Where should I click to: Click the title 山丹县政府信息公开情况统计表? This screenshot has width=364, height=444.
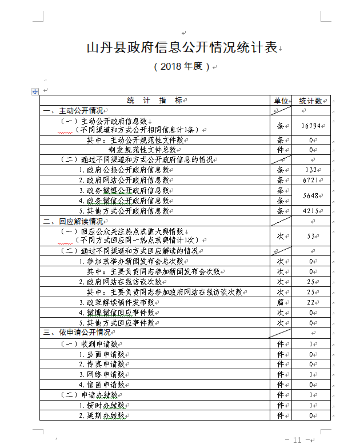[x=181, y=47]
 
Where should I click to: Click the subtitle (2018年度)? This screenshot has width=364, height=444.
[x=182, y=66]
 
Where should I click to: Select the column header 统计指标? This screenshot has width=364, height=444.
[x=155, y=101]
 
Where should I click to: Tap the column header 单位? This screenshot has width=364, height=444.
[x=281, y=101]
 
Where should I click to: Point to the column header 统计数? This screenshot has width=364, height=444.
[x=310, y=101]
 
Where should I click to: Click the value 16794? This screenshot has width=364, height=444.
[x=310, y=125]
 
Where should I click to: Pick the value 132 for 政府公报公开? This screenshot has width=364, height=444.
[x=310, y=170]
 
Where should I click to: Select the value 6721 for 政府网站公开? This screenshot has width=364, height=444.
[x=310, y=180]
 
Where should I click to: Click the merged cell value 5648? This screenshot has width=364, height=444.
[x=310, y=195]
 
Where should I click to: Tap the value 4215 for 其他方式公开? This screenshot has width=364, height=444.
[x=310, y=211]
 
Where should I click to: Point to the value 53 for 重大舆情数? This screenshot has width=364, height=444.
[x=310, y=236]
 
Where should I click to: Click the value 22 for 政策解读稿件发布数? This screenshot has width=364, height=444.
[x=310, y=302]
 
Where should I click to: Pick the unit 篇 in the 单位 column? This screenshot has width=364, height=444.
[x=281, y=302]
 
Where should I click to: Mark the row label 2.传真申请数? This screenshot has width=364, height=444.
[x=102, y=364]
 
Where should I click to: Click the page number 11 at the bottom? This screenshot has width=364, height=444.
[x=297, y=439]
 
